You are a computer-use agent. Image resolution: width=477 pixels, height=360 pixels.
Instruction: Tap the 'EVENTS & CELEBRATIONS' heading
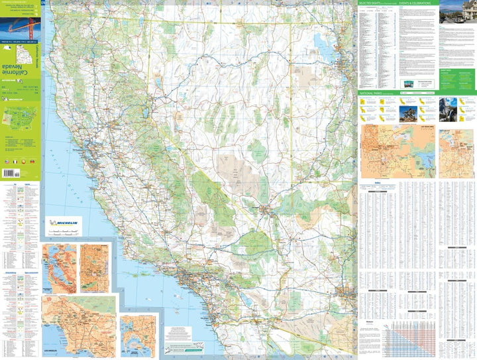[x=415, y=3]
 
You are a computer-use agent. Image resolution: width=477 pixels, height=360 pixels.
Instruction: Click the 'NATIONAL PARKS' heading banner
[x=371, y=94]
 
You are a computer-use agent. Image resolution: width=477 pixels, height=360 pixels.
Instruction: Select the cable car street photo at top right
[x=457, y=12]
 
